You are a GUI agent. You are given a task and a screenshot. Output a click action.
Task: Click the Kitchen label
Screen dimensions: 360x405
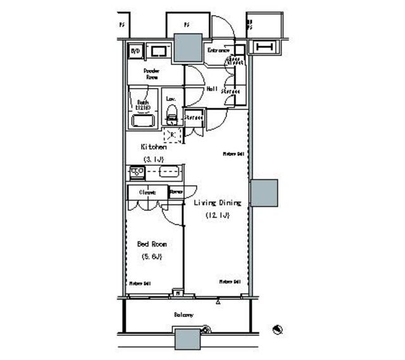coord(153,146)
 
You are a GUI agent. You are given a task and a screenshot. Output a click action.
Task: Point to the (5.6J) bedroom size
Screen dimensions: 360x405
coord(152,256)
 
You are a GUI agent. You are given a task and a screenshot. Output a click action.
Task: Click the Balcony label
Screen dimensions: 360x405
coord(184,314)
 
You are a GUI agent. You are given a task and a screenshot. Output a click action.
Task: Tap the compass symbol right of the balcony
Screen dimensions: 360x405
coord(277,329)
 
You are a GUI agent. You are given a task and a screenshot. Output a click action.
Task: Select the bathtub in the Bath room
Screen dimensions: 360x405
coord(144,120)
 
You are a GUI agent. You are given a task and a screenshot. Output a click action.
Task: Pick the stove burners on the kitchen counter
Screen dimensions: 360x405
coord(137,171)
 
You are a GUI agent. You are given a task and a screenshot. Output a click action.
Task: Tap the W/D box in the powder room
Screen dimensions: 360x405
coord(135,51)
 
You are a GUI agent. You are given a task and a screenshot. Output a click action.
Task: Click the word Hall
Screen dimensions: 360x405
coord(212,89)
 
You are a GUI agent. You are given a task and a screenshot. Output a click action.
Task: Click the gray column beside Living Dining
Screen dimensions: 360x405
coord(264,193)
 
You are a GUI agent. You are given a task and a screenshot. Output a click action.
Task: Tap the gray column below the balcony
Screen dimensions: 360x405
coord(188,339)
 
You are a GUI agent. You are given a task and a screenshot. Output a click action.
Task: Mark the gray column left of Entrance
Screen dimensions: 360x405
coord(187,47)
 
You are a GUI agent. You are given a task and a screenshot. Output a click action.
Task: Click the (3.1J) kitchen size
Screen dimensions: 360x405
coord(153,158)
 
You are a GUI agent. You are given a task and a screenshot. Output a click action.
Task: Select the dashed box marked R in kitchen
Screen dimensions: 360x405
coord(172,134)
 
